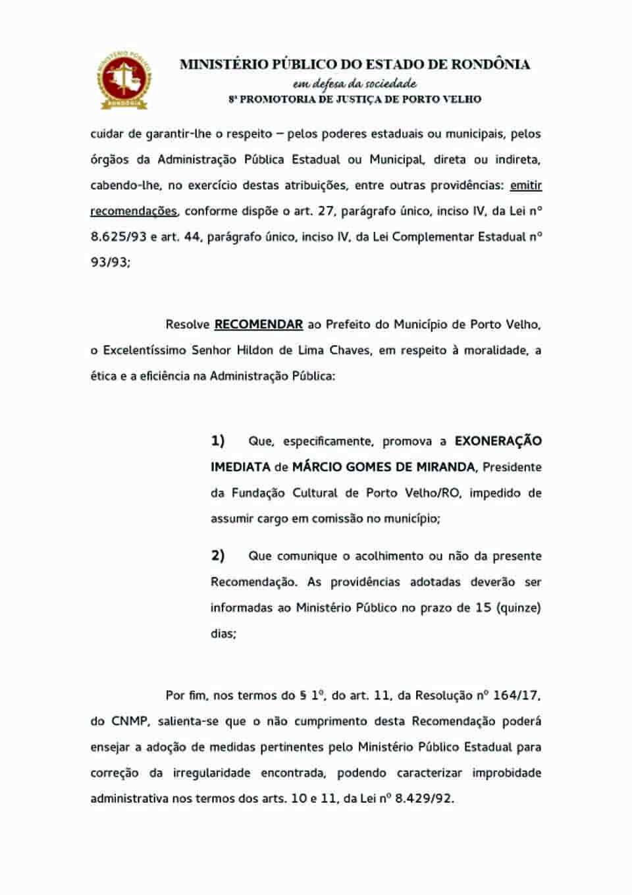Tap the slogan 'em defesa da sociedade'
pos(355,84)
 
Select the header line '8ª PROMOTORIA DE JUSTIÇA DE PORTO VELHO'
pos(355,99)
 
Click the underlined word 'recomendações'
pos(134,211)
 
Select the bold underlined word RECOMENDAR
pos(259,325)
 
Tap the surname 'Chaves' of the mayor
pos(350,350)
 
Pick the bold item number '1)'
pos(218,441)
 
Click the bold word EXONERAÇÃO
pos(498,441)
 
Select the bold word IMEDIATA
pos(240,467)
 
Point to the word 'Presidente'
pos(512,467)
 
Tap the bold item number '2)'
pos(218,556)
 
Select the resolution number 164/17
pos(517,695)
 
